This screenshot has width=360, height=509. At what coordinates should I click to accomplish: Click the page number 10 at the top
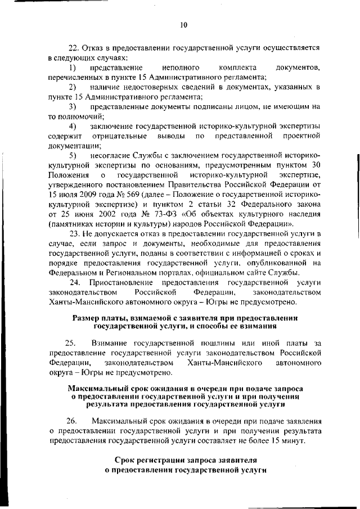click(x=183, y=24)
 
